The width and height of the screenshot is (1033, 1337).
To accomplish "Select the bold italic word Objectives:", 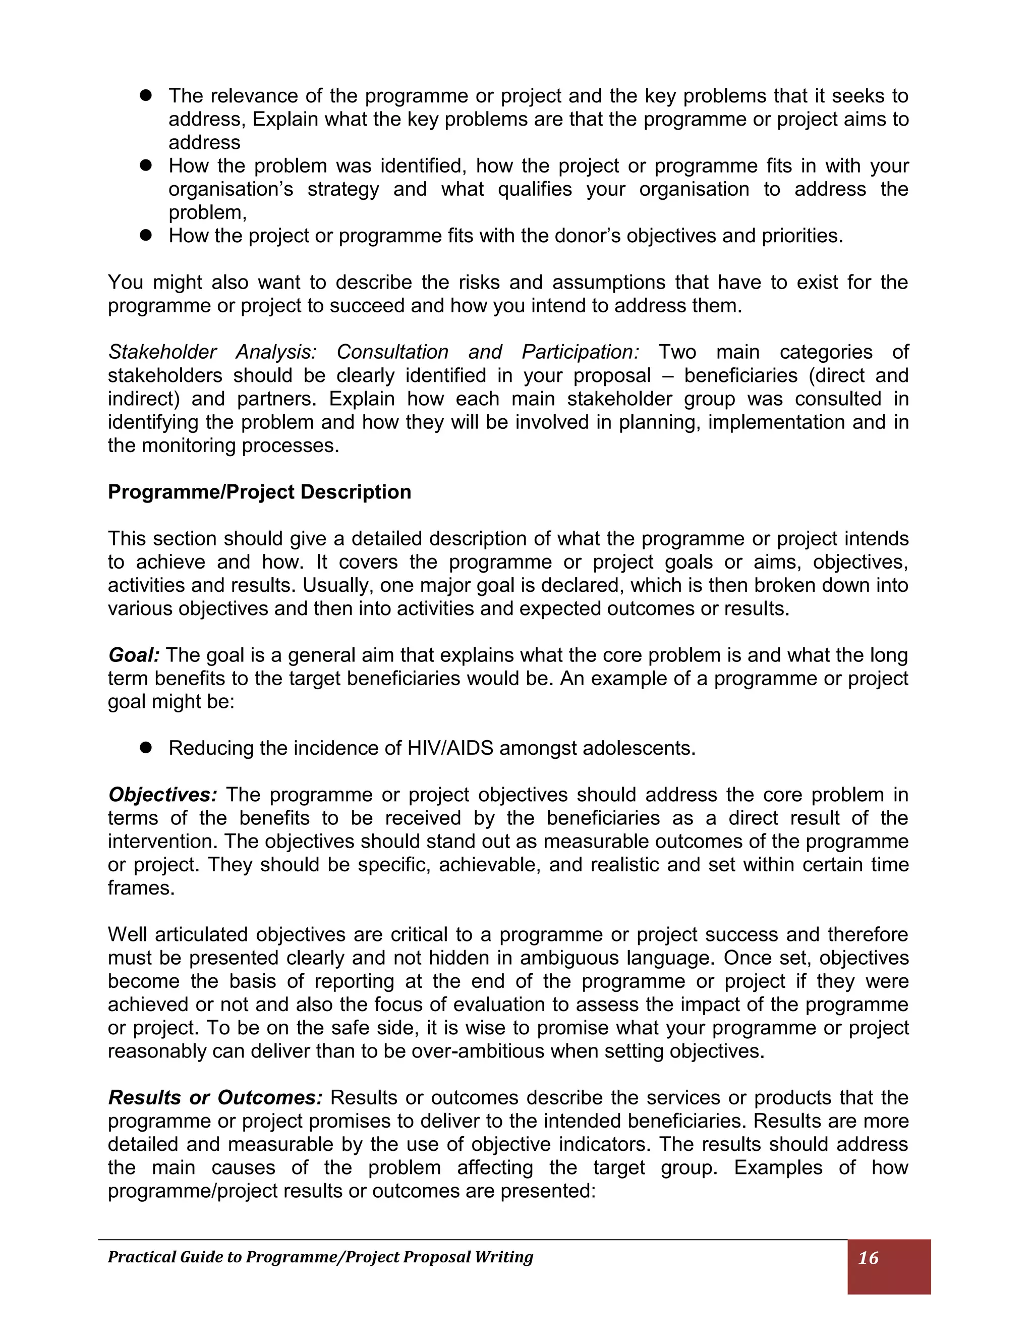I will click(x=163, y=795).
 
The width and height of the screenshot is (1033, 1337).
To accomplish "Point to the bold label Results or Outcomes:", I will click(x=215, y=1098).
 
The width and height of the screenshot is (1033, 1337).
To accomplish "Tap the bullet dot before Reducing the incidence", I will click(x=146, y=748).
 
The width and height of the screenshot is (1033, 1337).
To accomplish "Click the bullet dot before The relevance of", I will click(x=146, y=95).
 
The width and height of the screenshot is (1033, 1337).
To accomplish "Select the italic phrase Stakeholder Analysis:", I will click(x=212, y=352).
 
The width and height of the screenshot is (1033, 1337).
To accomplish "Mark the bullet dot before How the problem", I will click(x=146, y=165).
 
